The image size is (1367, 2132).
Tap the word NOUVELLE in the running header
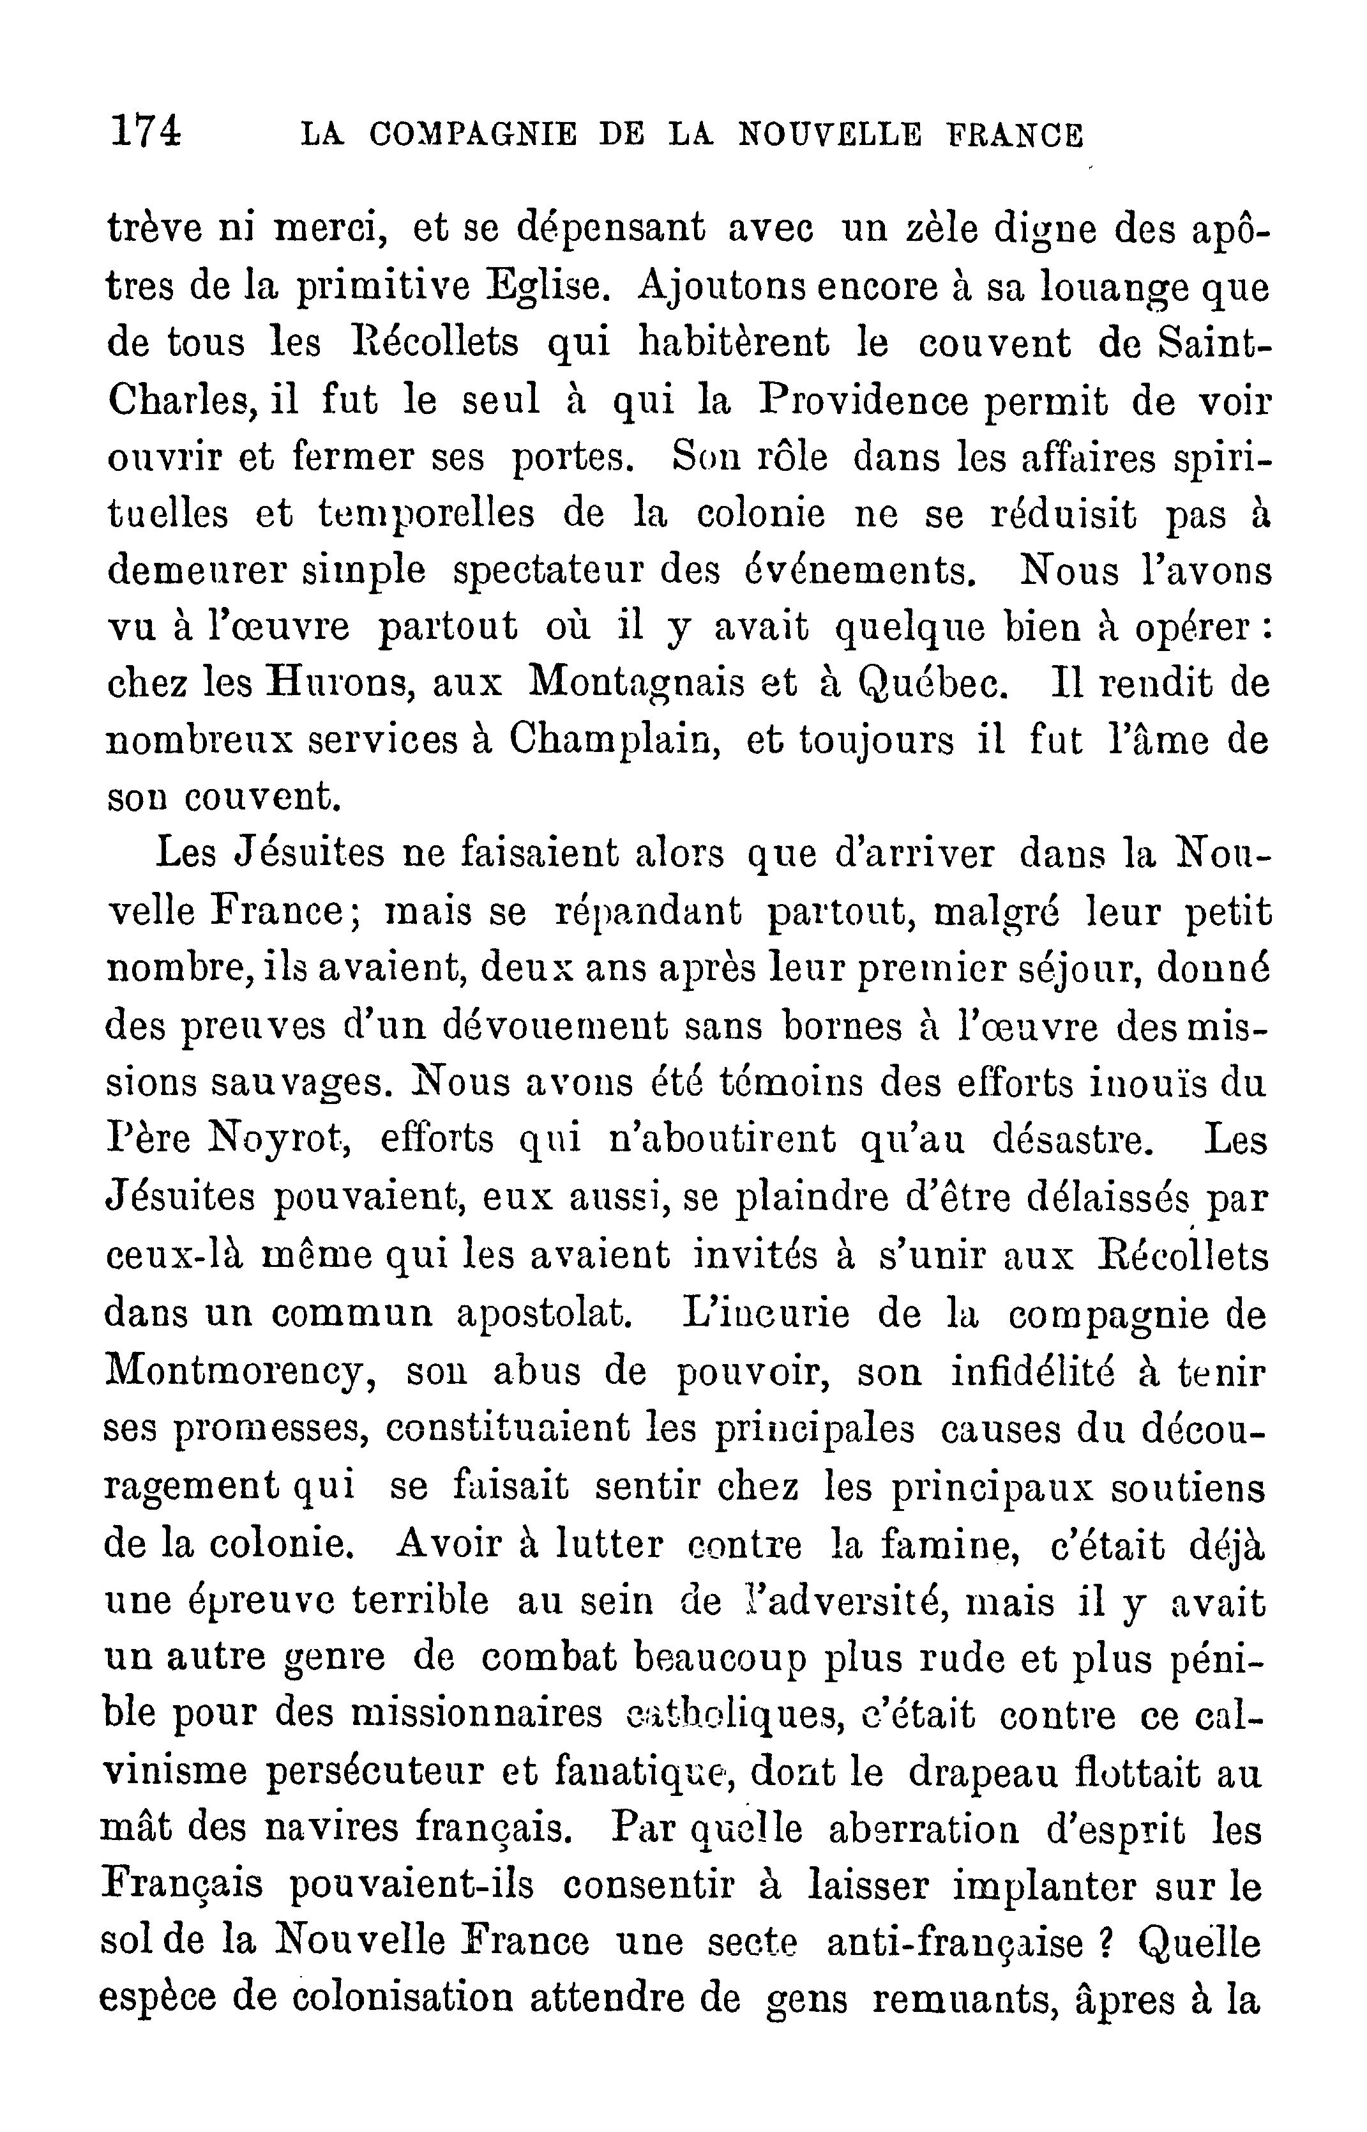[x=829, y=135]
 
